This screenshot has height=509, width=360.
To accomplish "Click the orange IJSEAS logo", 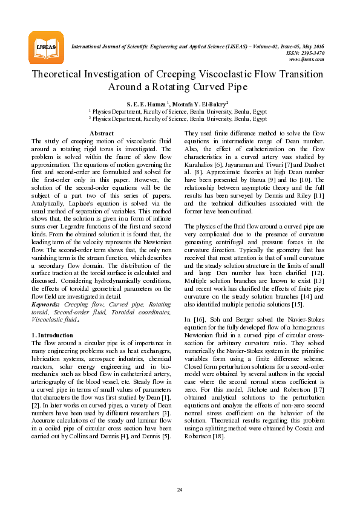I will coord(46,47).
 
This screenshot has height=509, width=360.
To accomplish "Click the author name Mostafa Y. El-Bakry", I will coord(201,103).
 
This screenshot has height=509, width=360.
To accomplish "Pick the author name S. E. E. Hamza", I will coord(146,103).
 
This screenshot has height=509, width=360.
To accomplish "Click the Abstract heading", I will coord(101,133).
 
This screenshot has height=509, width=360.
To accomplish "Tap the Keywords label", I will coord(47,305).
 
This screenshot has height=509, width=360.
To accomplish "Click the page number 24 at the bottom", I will coord(180,489).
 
